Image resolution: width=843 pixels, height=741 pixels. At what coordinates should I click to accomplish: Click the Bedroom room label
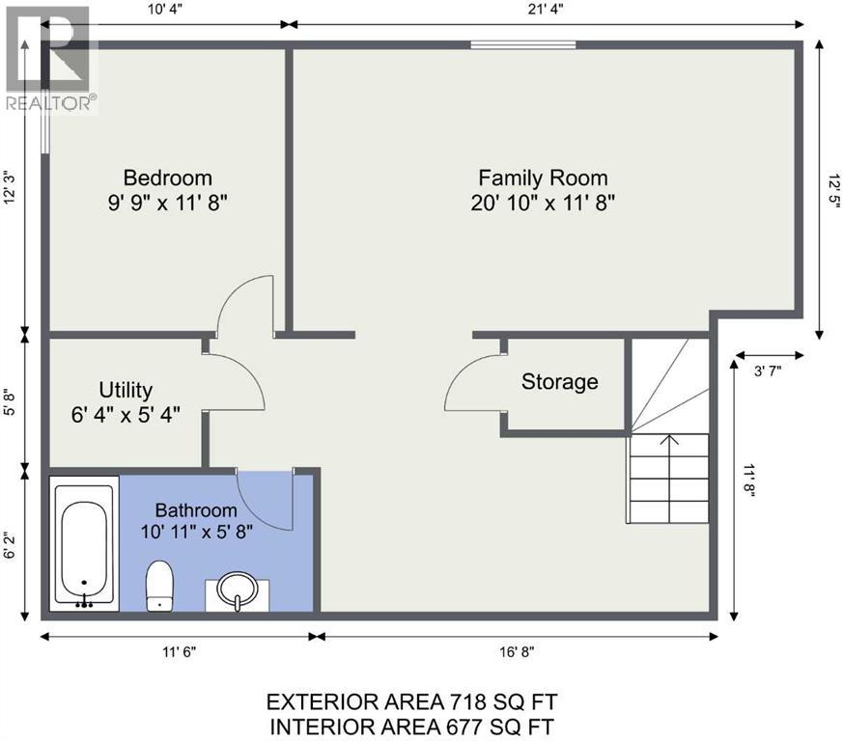pos(168,178)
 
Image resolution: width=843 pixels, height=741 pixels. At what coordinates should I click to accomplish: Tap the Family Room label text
pos(543,178)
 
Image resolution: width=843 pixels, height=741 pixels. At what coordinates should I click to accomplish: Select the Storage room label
pos(560,381)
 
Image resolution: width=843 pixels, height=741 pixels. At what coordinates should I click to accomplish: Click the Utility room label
pos(126,390)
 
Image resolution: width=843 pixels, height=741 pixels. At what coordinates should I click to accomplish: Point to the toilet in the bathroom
pos(159,586)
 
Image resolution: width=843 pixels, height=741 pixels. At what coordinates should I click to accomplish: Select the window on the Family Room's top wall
pos(523,44)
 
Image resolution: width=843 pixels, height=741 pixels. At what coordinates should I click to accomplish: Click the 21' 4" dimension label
pos(546,10)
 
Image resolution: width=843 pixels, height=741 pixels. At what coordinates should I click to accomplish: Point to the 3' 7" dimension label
pos(768,370)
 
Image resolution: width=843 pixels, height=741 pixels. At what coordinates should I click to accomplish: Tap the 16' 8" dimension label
pos(516,652)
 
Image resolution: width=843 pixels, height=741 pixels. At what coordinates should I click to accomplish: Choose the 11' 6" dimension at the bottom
pos(180,652)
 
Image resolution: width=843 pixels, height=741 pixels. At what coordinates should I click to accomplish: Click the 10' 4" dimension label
pos(166,10)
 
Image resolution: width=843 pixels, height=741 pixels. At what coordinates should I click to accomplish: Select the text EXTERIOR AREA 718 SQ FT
pos(411,701)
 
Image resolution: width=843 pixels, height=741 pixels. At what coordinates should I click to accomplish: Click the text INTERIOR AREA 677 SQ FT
pos(411,727)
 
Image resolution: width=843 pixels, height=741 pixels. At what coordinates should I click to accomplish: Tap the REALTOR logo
pos(51,59)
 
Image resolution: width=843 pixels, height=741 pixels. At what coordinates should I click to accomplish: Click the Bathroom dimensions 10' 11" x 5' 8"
pos(197,532)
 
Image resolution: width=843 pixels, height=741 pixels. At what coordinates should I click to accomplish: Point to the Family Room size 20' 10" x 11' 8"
pos(543,204)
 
